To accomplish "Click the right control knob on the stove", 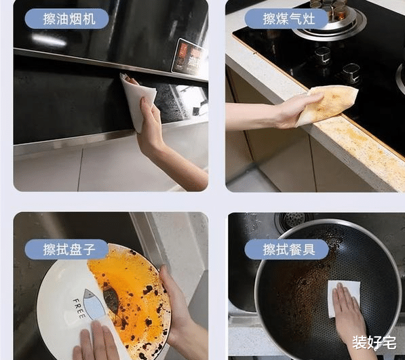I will [351, 72].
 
